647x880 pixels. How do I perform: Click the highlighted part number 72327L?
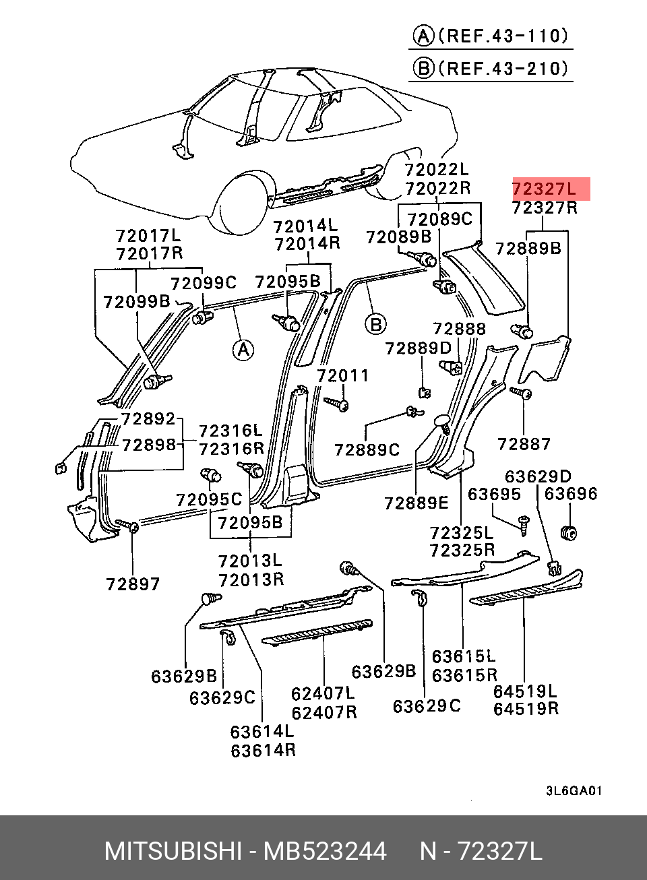(544, 189)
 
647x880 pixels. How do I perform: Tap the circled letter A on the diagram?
(243, 350)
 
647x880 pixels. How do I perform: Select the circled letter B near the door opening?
(375, 325)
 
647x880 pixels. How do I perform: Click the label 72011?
(342, 375)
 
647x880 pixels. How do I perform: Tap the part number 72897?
(133, 584)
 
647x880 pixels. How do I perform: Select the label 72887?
(524, 444)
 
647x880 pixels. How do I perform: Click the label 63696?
(570, 493)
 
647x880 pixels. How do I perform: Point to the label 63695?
(494, 494)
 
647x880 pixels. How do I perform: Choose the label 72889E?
(416, 503)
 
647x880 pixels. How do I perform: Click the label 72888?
(459, 328)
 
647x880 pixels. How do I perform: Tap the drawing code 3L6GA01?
(574, 790)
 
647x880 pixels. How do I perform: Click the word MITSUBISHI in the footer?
(173, 851)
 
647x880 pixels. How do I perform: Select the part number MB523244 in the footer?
(325, 851)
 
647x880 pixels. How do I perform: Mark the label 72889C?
(367, 450)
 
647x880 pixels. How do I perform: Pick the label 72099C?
(204, 283)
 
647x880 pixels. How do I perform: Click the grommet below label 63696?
(568, 533)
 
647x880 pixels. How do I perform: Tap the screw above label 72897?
(127, 526)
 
